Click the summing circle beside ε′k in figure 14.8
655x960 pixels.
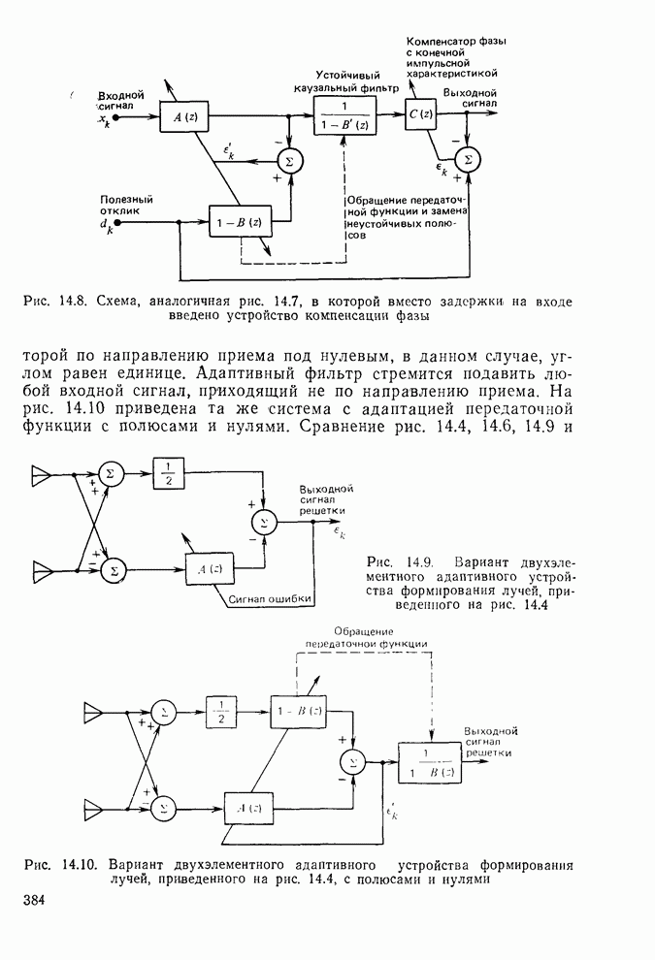pos(288,159)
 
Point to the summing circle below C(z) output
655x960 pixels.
pos(468,159)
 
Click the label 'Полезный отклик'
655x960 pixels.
pos(126,205)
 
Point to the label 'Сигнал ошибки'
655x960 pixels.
pos(270,598)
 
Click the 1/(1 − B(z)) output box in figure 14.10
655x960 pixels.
pos(431,760)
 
